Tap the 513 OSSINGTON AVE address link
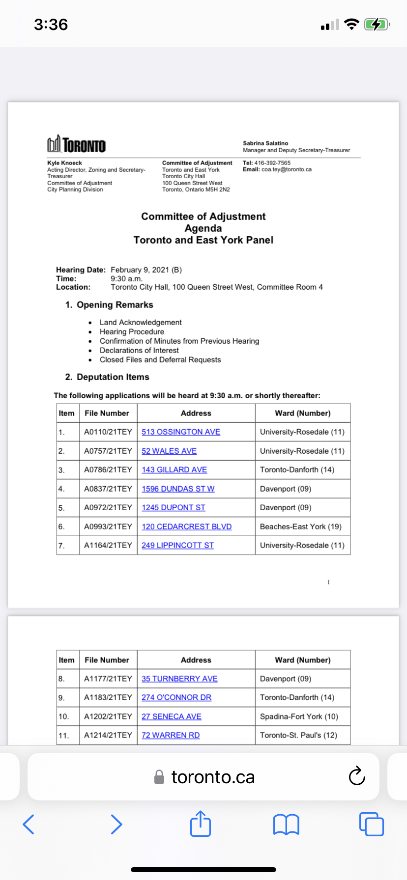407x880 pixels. click(x=181, y=432)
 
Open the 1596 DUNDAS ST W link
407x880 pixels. click(x=178, y=489)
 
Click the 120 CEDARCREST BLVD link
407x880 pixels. click(x=187, y=527)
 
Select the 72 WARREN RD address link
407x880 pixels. click(x=171, y=736)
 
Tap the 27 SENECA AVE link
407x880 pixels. click(x=172, y=717)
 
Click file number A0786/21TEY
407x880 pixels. click(x=108, y=470)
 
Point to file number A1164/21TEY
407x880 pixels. click(x=108, y=546)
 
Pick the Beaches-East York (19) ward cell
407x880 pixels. click(x=301, y=527)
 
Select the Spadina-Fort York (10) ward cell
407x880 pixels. click(x=299, y=717)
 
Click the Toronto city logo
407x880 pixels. click(x=76, y=145)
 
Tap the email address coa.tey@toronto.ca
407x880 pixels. click(x=287, y=169)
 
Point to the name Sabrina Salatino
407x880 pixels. click(x=265, y=143)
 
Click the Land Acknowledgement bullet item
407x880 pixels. click(x=141, y=323)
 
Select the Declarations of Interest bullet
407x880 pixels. click(x=139, y=351)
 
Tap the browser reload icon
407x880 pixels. click(x=357, y=776)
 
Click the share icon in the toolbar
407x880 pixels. click(x=201, y=824)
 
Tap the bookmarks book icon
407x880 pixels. click(x=286, y=824)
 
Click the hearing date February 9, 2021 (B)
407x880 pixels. click(x=146, y=270)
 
